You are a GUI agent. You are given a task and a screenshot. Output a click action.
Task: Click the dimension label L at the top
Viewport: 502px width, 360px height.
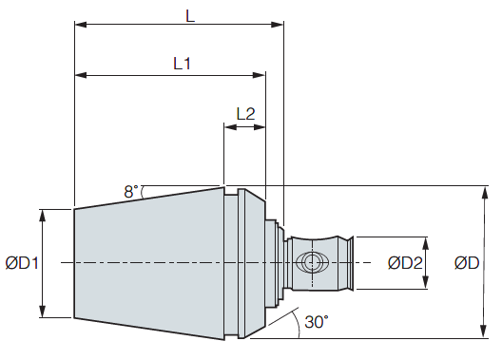pos(190,16)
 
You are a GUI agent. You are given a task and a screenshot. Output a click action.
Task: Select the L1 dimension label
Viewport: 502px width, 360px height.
pos(182,64)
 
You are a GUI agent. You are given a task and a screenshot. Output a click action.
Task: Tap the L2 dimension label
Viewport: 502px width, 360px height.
pos(245,113)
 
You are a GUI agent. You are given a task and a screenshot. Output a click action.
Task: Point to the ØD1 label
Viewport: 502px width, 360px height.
pos(22,263)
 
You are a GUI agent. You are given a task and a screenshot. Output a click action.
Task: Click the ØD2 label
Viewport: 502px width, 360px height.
pos(405,263)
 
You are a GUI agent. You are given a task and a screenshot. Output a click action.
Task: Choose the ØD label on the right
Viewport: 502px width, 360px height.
pos(467,263)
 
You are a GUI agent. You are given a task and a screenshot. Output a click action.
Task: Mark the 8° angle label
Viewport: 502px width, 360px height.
pos(131,192)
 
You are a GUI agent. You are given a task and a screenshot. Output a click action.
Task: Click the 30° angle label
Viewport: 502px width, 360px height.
pos(317,322)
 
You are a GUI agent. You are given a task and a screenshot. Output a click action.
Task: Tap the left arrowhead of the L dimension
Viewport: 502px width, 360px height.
pos(81,25)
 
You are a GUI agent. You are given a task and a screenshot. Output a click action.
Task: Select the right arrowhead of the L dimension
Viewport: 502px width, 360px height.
pos(278,25)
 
